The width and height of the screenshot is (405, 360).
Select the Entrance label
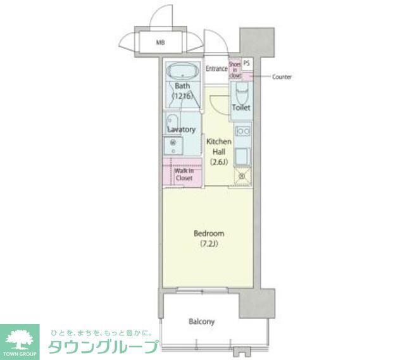point(216,68)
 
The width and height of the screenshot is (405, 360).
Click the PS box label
point(246,63)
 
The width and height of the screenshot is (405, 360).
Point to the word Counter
point(282,77)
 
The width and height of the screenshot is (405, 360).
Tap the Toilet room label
point(240,108)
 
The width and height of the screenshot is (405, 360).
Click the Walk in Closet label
point(184,174)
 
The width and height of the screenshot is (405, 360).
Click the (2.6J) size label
point(220,161)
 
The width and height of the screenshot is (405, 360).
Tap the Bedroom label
point(209,233)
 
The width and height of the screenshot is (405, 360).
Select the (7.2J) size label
point(209,244)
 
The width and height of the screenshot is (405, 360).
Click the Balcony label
point(202,321)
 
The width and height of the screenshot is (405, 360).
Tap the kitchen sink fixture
point(242,155)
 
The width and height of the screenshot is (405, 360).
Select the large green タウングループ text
point(104,347)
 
